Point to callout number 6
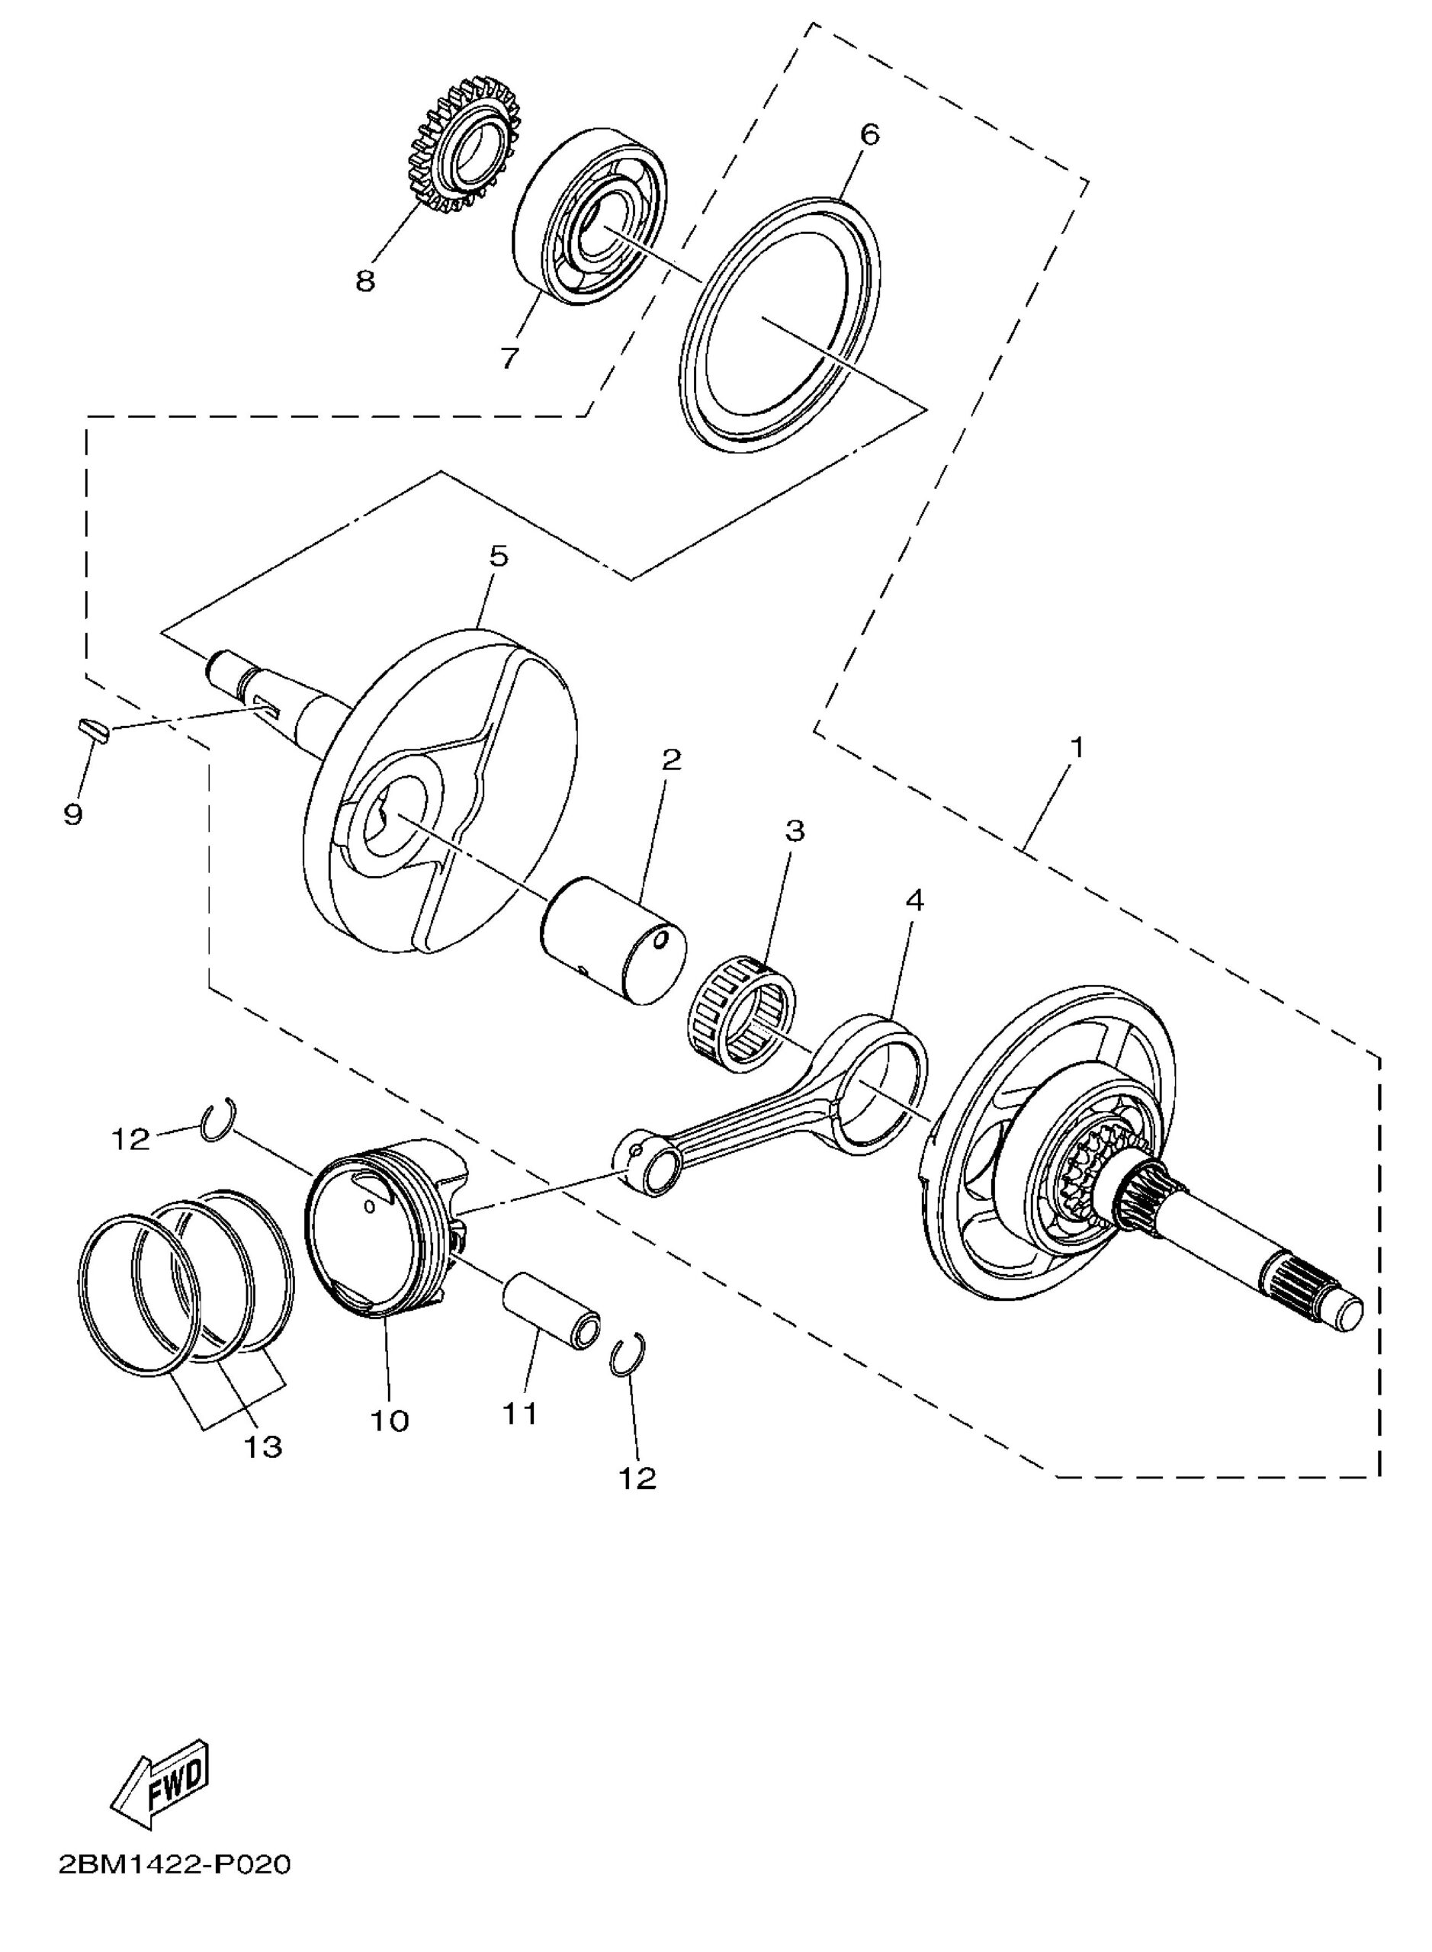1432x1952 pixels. click(869, 134)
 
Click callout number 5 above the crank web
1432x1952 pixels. click(499, 557)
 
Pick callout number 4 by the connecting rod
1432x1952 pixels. click(913, 901)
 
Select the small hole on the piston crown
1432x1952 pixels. click(372, 1206)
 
